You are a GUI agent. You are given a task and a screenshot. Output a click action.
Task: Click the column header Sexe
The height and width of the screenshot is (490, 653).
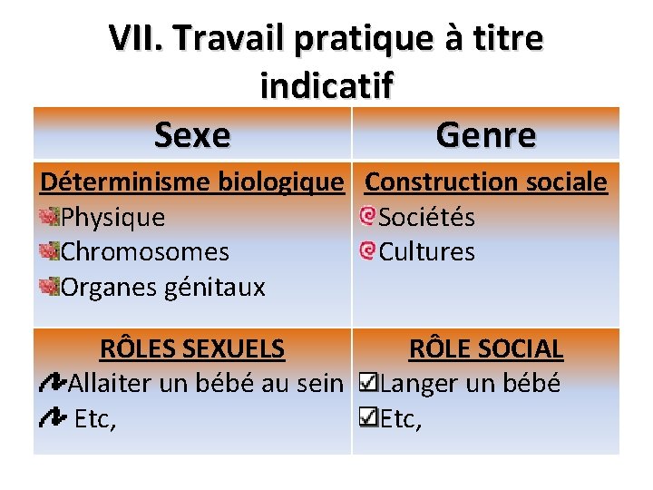(192, 135)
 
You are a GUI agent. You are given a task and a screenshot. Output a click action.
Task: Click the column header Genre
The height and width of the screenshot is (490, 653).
(485, 135)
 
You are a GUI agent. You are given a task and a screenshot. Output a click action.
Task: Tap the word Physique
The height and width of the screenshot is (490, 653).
(112, 218)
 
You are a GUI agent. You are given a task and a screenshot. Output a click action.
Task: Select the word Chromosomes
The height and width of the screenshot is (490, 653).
(144, 251)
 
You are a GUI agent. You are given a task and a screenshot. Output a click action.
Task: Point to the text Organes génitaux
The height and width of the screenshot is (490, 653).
(162, 288)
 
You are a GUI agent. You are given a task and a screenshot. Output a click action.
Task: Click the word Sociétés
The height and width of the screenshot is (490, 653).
(426, 218)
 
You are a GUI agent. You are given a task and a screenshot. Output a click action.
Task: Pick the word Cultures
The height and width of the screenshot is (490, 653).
(426, 251)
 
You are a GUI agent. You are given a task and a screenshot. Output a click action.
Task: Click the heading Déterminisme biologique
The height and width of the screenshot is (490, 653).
(192, 181)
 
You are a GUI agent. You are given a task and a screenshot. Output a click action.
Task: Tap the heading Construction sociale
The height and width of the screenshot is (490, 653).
(485, 181)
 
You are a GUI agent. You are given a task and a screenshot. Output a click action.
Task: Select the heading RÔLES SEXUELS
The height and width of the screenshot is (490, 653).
(191, 348)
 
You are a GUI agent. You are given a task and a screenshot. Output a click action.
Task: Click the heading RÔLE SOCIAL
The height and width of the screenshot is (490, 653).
(486, 348)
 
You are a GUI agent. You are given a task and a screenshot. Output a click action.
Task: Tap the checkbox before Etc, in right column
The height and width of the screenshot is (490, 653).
(369, 418)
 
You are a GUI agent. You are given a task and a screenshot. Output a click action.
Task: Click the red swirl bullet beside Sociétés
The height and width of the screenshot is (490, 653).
(367, 217)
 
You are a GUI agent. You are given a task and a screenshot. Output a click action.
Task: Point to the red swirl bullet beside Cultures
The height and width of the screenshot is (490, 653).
(367, 250)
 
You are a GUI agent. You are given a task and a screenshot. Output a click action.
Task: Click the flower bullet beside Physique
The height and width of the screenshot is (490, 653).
(50, 217)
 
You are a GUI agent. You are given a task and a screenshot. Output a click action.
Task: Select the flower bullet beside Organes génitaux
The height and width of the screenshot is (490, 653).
(50, 287)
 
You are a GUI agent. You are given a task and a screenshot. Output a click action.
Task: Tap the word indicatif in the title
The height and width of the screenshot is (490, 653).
(326, 85)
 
